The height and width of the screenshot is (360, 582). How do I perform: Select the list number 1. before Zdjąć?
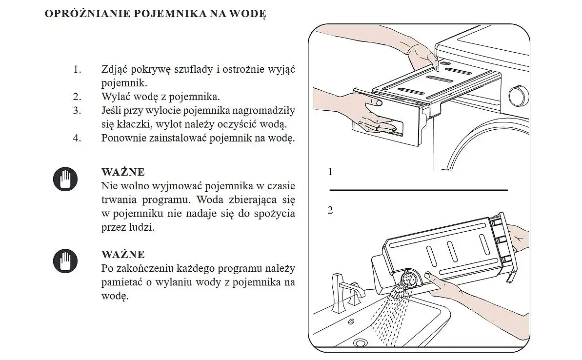point(77,69)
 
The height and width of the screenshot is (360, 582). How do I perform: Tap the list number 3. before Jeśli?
point(77,110)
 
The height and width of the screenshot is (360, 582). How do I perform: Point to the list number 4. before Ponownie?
point(77,138)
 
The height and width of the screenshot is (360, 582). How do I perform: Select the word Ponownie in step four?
point(122,138)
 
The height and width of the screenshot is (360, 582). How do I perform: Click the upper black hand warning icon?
point(65,179)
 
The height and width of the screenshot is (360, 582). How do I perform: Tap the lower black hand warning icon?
point(65,261)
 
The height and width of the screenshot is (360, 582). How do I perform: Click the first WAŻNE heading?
point(123,172)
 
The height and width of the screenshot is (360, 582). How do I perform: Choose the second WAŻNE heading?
point(123,255)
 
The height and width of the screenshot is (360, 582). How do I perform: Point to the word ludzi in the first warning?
point(142,227)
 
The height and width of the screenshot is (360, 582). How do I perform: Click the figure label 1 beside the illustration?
point(330,172)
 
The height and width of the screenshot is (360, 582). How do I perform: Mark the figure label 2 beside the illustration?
point(330,211)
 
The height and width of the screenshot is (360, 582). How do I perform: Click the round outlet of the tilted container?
point(409,280)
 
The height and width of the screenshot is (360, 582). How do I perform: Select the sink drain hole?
point(361,343)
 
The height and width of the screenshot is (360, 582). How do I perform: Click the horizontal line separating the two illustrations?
point(419,190)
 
